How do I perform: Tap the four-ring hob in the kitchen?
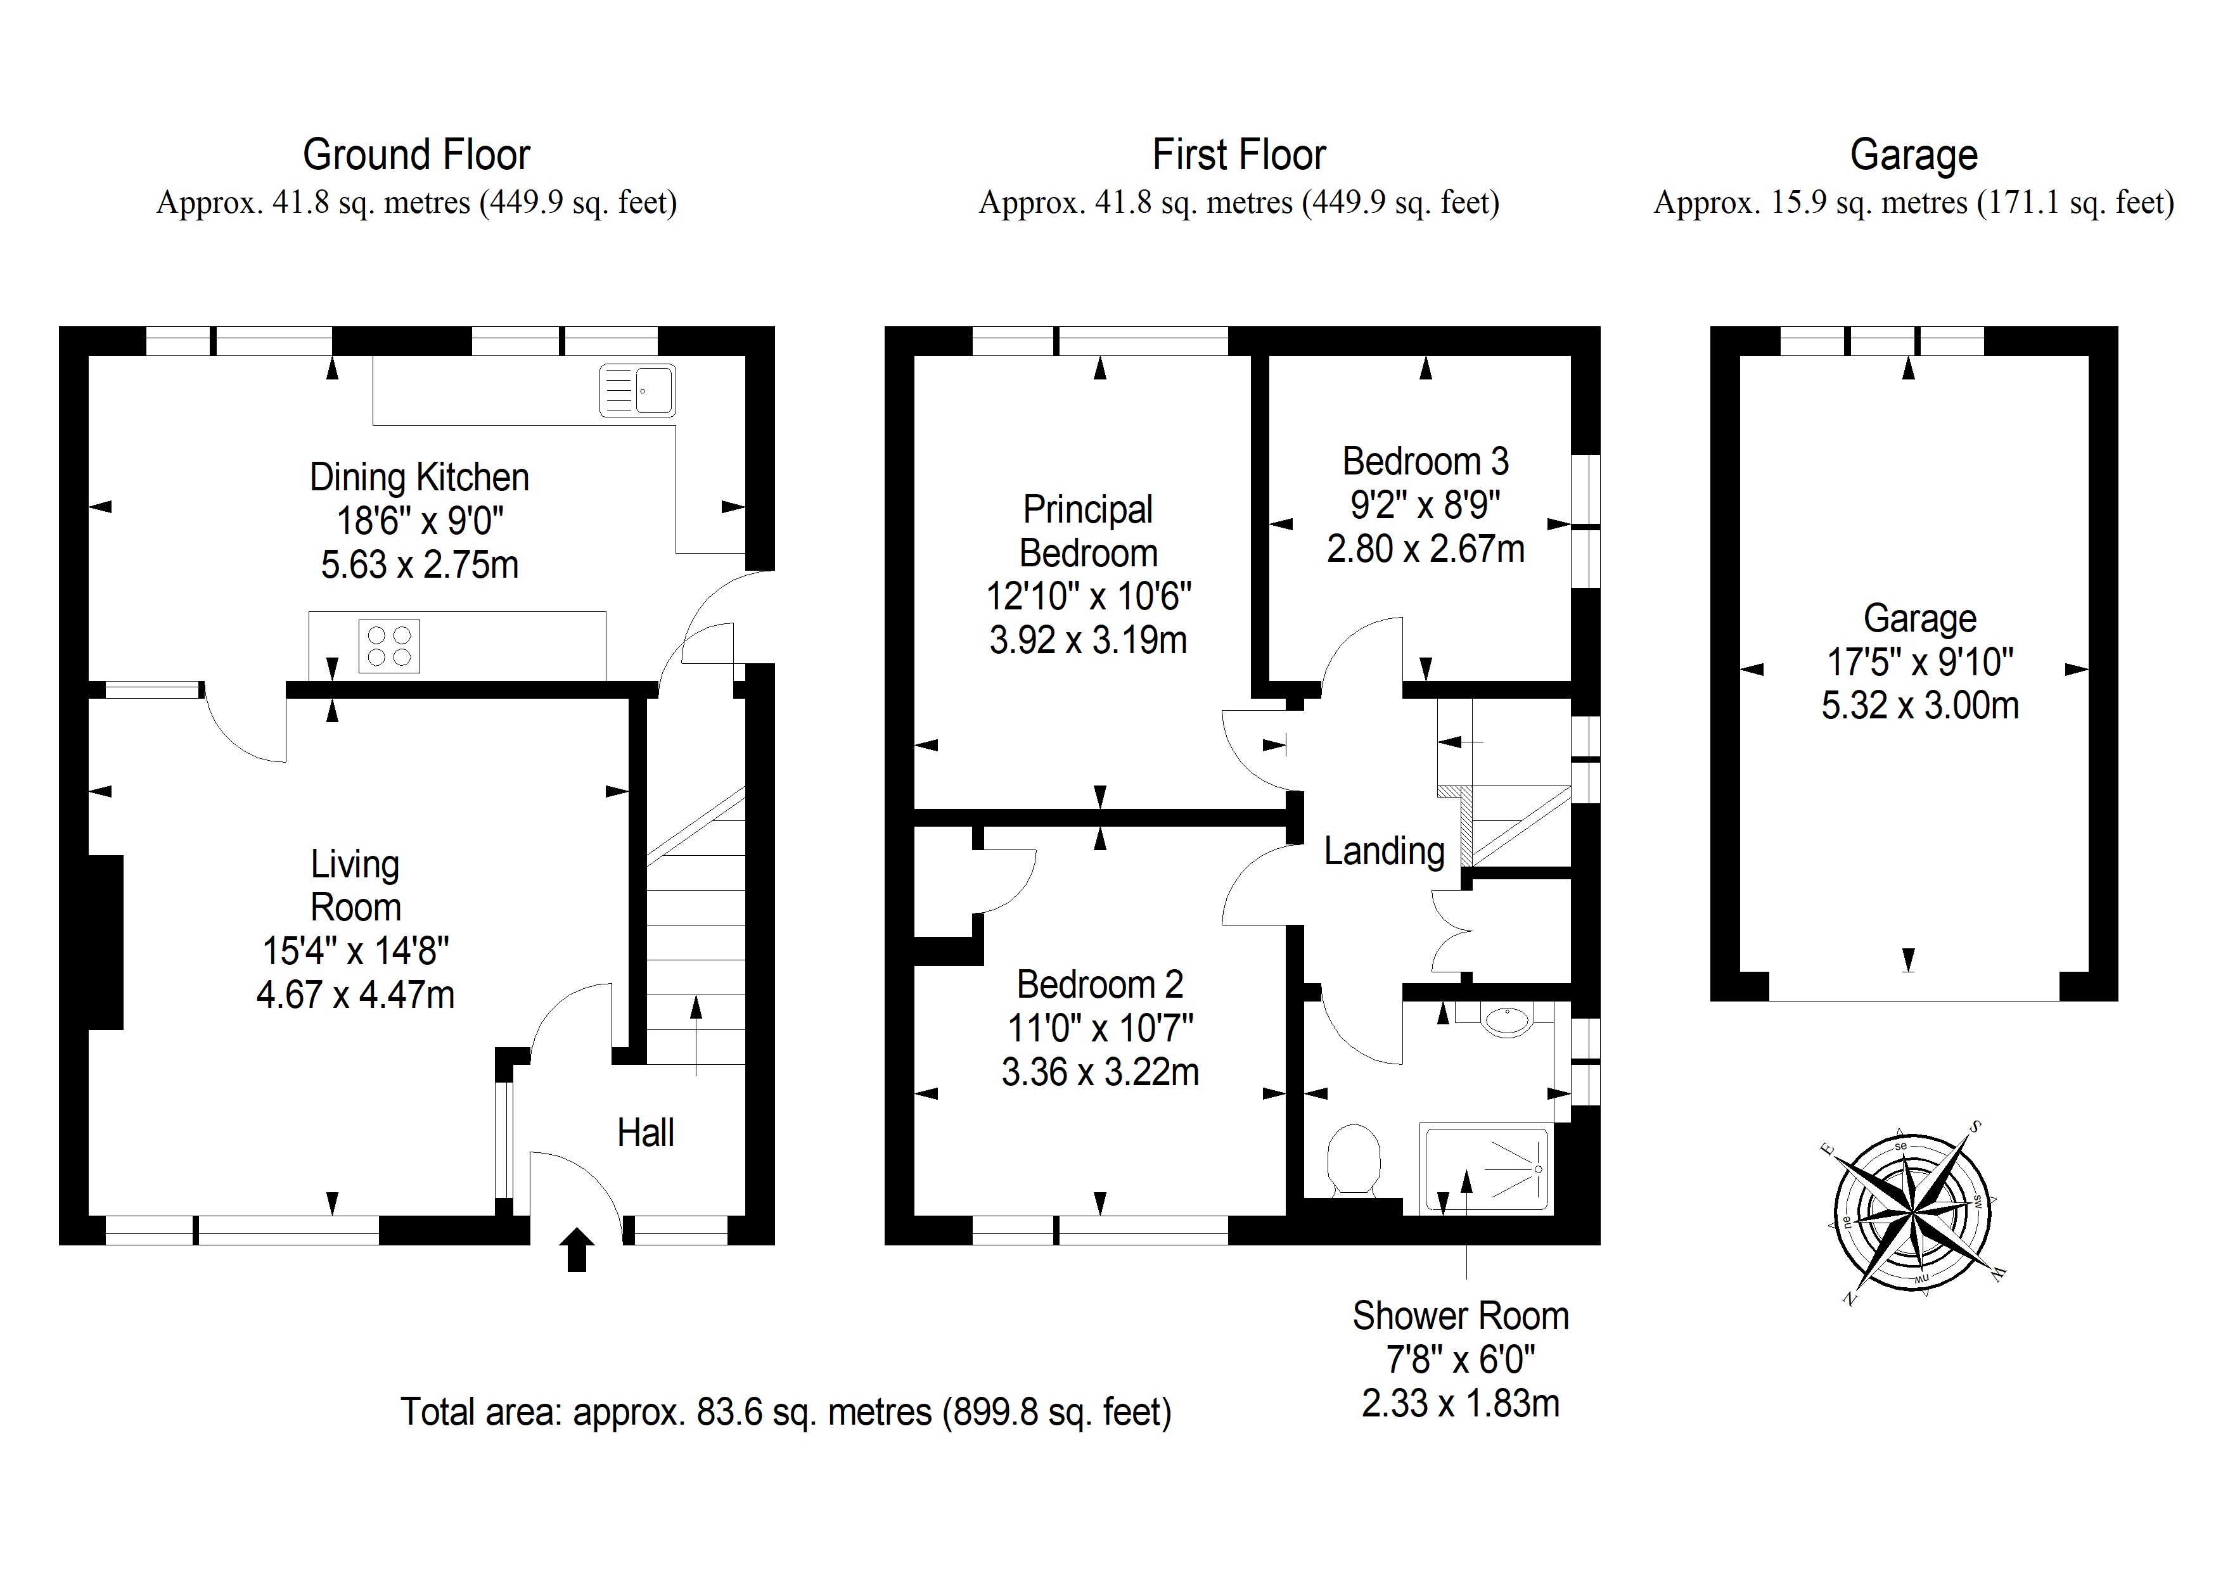click(389, 646)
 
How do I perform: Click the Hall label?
click(646, 1133)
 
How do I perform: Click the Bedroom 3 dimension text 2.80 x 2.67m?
click(1425, 549)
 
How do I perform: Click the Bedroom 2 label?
click(1100, 984)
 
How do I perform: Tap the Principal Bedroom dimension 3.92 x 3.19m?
click(1088, 640)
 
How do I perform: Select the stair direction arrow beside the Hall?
click(696, 1034)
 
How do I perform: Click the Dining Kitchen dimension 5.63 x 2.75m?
click(420, 564)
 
